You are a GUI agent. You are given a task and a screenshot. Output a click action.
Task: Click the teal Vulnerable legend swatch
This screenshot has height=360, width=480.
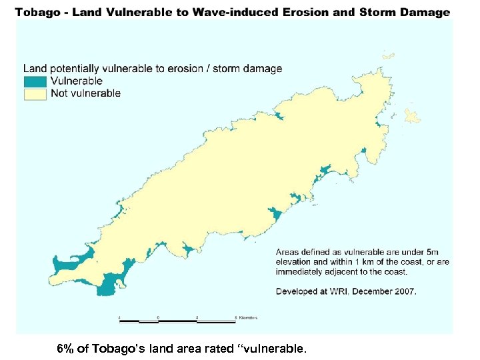(36, 81)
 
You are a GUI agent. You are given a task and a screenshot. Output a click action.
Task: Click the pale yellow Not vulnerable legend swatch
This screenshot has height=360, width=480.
(36, 93)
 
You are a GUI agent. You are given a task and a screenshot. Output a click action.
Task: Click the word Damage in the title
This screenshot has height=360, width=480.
(427, 12)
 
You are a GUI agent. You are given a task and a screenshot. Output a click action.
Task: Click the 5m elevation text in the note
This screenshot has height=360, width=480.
(432, 251)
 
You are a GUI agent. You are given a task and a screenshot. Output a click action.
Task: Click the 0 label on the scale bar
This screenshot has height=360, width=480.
(158, 317)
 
